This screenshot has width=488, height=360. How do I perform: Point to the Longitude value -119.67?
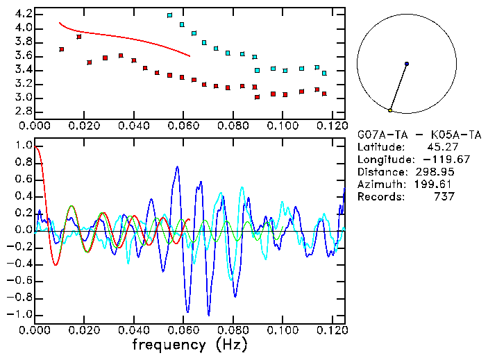coord(437,160)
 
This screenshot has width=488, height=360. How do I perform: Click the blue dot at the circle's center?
coord(407,64)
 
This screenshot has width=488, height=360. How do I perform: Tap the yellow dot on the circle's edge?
coord(391,110)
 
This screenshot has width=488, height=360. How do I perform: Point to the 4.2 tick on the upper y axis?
coord(23,14)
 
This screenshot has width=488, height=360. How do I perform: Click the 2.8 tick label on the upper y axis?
coord(23,111)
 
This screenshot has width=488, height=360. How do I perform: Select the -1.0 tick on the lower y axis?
coord(20,314)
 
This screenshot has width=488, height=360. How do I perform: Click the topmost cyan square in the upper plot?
coord(169,15)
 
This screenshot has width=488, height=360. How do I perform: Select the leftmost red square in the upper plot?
coord(62,49)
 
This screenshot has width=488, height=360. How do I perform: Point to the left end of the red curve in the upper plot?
coord(59,22)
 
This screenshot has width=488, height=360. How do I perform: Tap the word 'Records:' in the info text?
coord(380,197)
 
